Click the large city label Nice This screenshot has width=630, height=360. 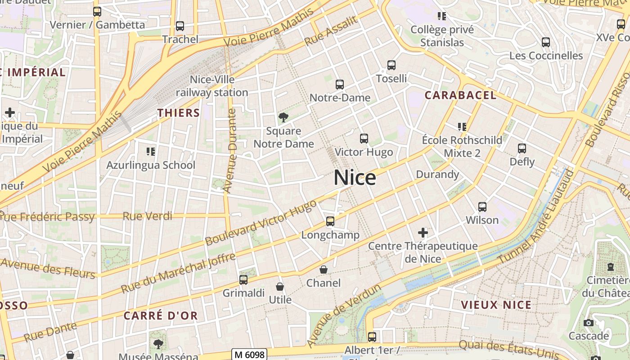pos(355,178)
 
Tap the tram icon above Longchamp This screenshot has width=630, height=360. pos(330,221)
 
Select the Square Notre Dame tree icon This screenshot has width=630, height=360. pos(283,117)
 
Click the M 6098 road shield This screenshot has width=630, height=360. pos(250,354)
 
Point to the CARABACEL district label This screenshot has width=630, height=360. pos(460,95)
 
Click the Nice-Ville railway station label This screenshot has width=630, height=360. pos(212,86)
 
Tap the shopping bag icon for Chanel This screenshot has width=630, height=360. pos(323,270)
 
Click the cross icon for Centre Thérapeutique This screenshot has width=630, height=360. pos(423,233)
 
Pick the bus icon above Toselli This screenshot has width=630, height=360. pos(391,65)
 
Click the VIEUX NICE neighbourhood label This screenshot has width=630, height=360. pos(496,305)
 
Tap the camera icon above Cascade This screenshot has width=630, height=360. pos(588,323)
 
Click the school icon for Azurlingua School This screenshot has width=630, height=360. pos(151,151)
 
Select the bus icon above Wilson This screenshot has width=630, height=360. pos(482,207)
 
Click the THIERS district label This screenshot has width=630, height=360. pos(179,112)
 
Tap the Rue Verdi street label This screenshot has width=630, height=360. pos(148,216)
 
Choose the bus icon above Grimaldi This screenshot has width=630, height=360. pos(243,279)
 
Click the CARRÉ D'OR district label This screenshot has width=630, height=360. pos(161,315)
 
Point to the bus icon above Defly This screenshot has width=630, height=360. pos(522,148)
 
